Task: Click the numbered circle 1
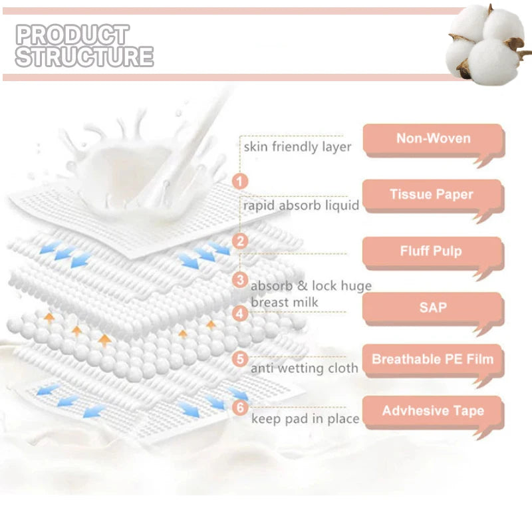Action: (240, 181)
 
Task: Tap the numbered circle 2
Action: (240, 241)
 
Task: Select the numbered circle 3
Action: (240, 280)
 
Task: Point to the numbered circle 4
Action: (240, 313)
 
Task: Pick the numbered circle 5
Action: (240, 358)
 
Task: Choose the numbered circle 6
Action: (240, 407)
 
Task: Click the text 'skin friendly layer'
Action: (297, 147)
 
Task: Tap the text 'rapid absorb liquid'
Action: (301, 205)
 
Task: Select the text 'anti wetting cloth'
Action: (305, 368)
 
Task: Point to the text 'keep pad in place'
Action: (305, 419)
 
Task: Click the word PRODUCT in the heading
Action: (72, 35)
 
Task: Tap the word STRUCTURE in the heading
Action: (84, 56)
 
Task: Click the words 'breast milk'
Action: (285, 302)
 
